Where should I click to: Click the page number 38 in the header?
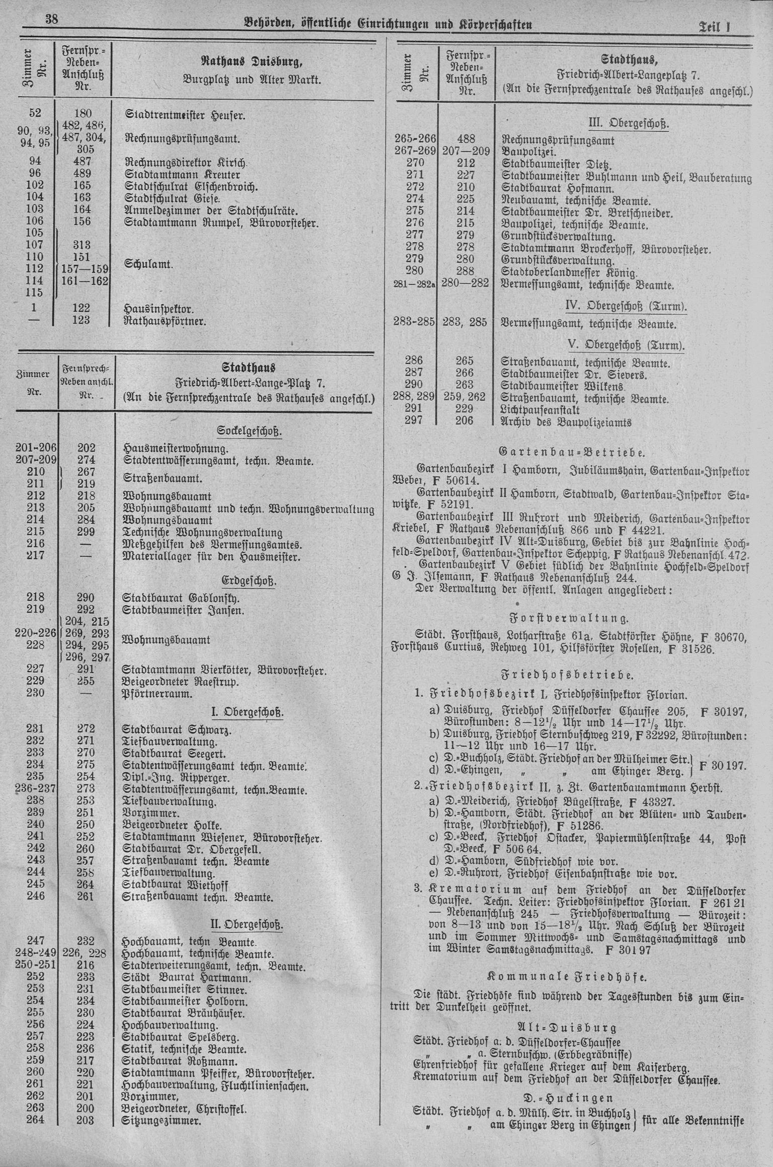(52, 20)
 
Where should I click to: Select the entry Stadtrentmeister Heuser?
(185, 115)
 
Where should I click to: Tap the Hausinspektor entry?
(159, 308)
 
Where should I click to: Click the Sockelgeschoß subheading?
(249, 432)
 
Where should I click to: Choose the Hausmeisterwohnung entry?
(176, 448)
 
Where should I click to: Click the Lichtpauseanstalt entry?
(540, 410)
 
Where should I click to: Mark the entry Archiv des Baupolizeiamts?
(566, 422)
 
